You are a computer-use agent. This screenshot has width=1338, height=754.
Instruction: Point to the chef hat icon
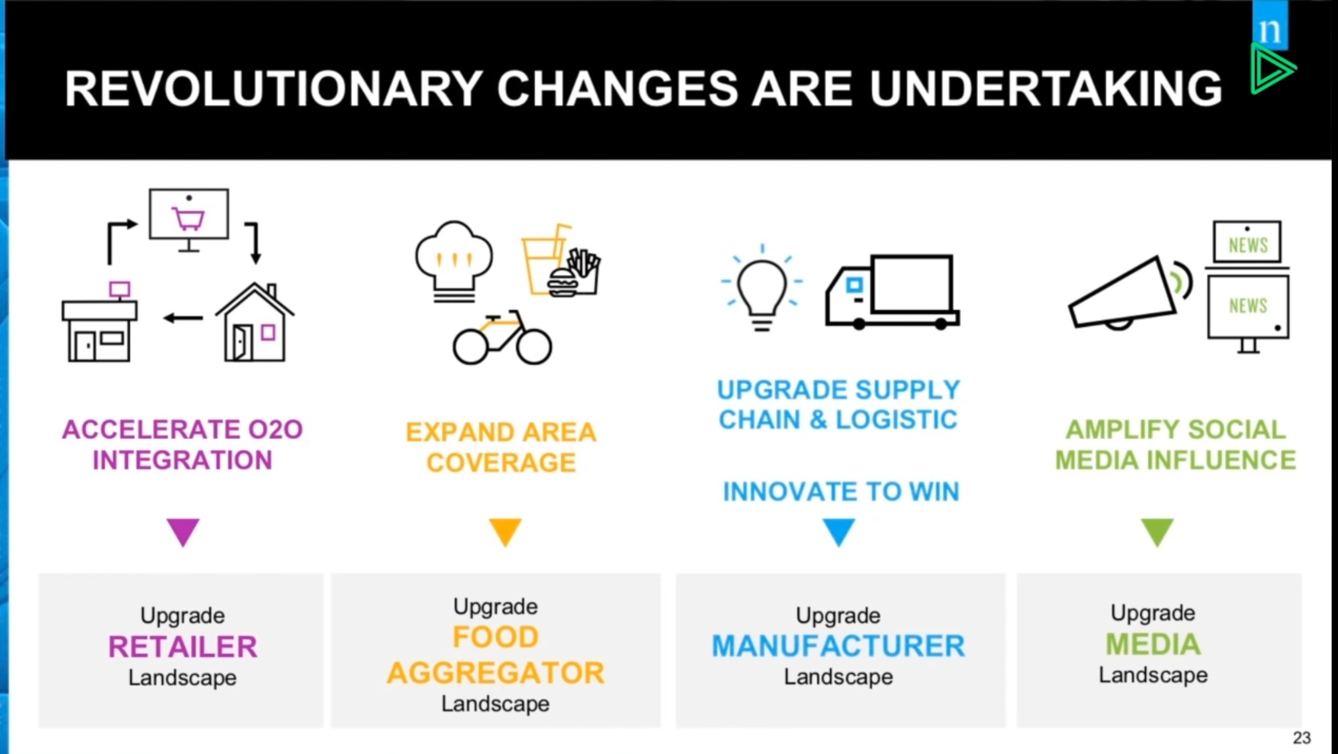(454, 262)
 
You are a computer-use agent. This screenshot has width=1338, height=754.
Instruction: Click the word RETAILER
(183, 646)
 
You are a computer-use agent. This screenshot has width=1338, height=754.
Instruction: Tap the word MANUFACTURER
(838, 646)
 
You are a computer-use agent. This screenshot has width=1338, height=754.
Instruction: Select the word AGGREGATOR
(496, 673)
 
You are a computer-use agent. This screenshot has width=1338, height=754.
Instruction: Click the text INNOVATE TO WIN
(841, 491)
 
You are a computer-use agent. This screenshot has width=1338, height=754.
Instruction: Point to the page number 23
(1302, 738)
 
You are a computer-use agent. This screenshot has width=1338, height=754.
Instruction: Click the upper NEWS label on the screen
(1248, 245)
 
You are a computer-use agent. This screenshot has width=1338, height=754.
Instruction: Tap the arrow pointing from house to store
(183, 318)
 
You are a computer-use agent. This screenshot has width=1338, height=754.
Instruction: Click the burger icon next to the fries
(563, 283)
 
